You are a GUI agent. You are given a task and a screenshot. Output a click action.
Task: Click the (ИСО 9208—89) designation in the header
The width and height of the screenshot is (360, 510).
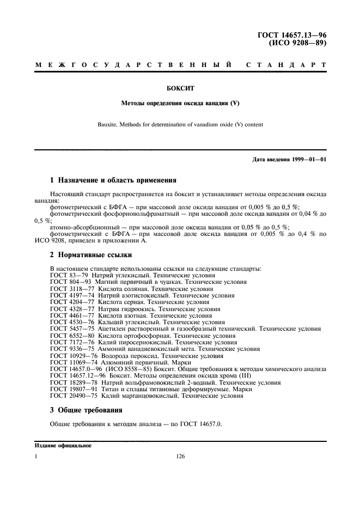[295, 43]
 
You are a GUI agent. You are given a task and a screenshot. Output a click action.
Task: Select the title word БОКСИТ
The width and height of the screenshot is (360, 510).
[179, 86]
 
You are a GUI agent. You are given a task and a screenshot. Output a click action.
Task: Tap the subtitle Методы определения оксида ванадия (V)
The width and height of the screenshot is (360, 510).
[180, 102]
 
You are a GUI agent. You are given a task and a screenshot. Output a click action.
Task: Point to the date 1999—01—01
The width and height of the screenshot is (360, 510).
[308, 159]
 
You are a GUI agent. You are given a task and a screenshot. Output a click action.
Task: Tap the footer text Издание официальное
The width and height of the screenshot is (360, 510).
[63, 446]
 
